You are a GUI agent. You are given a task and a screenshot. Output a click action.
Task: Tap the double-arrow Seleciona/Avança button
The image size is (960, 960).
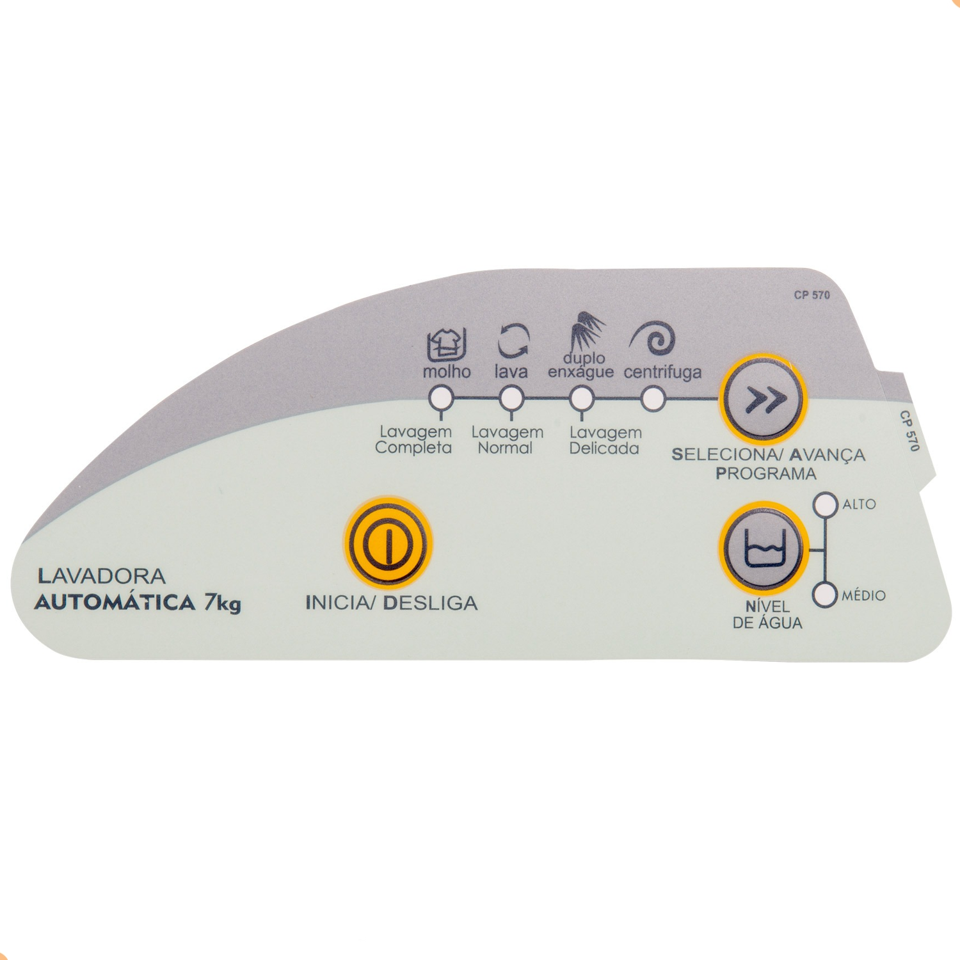click(762, 399)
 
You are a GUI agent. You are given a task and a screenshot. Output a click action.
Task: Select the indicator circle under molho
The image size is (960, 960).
click(440, 399)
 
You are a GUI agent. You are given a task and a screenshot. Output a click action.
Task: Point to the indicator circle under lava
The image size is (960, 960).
click(511, 399)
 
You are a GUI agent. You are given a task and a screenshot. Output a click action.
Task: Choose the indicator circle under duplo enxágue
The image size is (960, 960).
click(581, 399)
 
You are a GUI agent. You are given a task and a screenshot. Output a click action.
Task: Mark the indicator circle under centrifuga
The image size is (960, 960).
click(652, 399)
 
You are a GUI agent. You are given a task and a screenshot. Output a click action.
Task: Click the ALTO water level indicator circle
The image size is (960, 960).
click(826, 504)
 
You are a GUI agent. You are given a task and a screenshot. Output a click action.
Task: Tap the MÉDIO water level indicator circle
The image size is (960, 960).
click(826, 595)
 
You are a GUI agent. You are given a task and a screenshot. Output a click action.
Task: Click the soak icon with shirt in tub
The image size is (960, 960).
click(447, 344)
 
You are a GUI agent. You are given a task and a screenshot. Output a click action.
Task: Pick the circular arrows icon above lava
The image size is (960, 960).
click(513, 340)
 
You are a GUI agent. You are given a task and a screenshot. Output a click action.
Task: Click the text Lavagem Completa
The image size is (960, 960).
click(413, 440)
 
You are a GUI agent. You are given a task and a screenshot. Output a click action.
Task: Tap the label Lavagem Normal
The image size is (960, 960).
click(507, 440)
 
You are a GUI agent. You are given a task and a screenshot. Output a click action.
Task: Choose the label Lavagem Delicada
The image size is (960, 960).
click(605, 440)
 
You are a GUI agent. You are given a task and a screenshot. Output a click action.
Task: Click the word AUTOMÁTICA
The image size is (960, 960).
click(115, 603)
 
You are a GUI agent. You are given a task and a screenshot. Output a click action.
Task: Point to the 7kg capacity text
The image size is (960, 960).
click(223, 604)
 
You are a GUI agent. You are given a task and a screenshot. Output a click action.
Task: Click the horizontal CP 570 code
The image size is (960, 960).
click(812, 295)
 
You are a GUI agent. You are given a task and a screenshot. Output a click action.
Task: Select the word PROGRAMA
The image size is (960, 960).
click(765, 474)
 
